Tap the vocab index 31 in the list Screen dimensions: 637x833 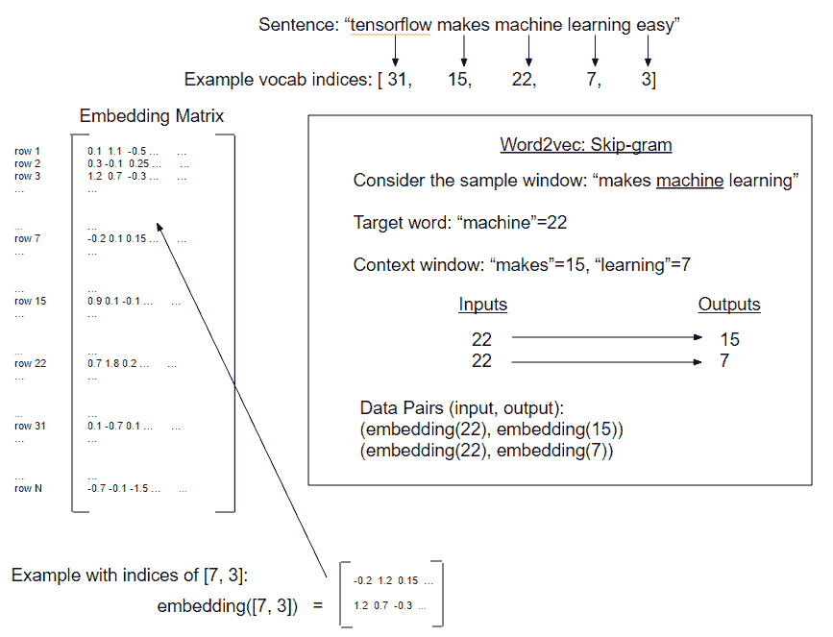(398, 80)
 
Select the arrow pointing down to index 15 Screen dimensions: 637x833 (464, 51)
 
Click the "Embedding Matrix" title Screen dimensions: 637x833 (152, 117)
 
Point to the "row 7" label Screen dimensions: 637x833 (28, 238)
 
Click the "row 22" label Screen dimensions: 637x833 (30, 363)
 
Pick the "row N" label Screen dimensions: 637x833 (29, 488)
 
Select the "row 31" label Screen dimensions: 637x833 (30, 426)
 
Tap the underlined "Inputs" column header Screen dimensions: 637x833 (482, 305)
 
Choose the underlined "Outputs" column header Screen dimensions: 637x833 (728, 305)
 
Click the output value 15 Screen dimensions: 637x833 (728, 339)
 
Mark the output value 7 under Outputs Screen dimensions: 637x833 (723, 361)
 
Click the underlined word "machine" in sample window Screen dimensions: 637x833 (689, 181)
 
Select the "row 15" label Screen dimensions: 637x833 (30, 301)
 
